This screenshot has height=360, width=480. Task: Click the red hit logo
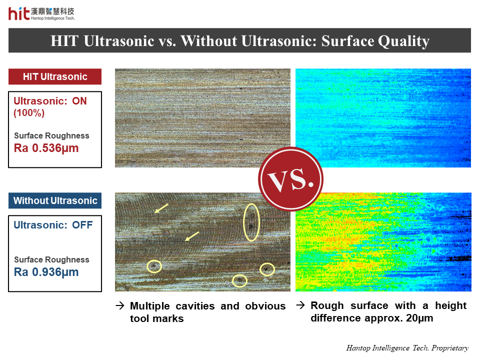point(19,14)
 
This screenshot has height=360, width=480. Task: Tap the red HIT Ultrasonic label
point(55,76)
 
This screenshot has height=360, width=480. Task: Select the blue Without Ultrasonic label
point(55,200)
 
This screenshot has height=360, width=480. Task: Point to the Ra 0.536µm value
point(46,148)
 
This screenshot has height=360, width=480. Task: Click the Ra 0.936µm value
point(46,272)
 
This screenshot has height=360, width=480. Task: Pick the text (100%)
point(29,112)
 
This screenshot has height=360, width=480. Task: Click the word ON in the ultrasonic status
point(79,101)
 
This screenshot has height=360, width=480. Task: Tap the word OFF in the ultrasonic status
point(82,225)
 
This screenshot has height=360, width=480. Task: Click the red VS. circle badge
point(290,179)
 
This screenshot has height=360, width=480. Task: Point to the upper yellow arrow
point(161,208)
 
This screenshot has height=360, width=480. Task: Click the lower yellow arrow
point(192,236)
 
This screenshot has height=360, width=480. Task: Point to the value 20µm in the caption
point(419,318)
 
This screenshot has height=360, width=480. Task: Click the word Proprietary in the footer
point(450,348)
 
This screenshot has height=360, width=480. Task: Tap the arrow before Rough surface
point(300,305)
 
